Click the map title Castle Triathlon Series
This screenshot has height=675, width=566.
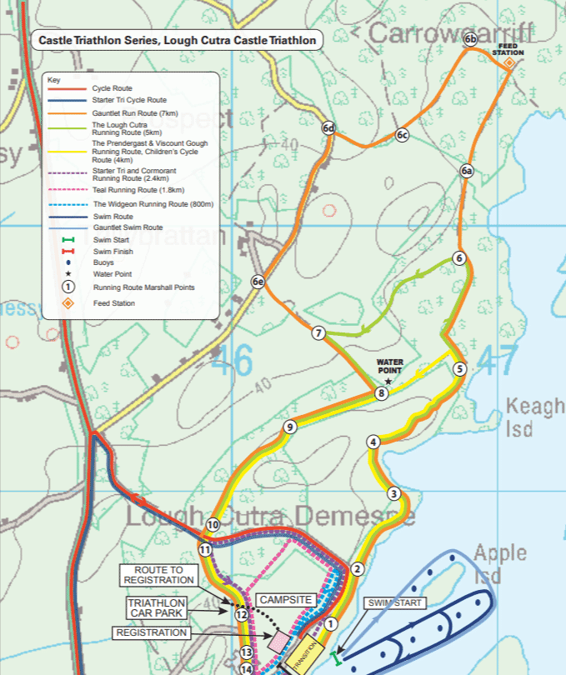pyautogui.click(x=178, y=40)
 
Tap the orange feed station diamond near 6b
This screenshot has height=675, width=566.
pyautogui.click(x=508, y=62)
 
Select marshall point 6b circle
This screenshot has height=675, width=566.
pyautogui.click(x=470, y=39)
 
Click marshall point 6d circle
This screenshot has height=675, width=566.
pyautogui.click(x=329, y=127)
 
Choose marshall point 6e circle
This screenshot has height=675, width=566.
pyautogui.click(x=258, y=282)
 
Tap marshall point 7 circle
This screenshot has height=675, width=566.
pyautogui.click(x=318, y=333)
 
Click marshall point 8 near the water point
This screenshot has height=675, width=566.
pyautogui.click(x=381, y=393)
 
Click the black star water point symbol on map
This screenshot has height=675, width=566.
pyautogui.click(x=388, y=381)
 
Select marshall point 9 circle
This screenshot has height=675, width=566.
pyautogui.click(x=289, y=427)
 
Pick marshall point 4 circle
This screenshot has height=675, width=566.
pyautogui.click(x=373, y=442)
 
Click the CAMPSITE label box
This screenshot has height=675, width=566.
pyautogui.click(x=286, y=599)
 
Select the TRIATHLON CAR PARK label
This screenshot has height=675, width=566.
pyautogui.click(x=158, y=607)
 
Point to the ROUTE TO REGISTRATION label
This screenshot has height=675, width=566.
pyautogui.click(x=159, y=574)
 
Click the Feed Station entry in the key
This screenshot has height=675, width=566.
pyautogui.click(x=113, y=303)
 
